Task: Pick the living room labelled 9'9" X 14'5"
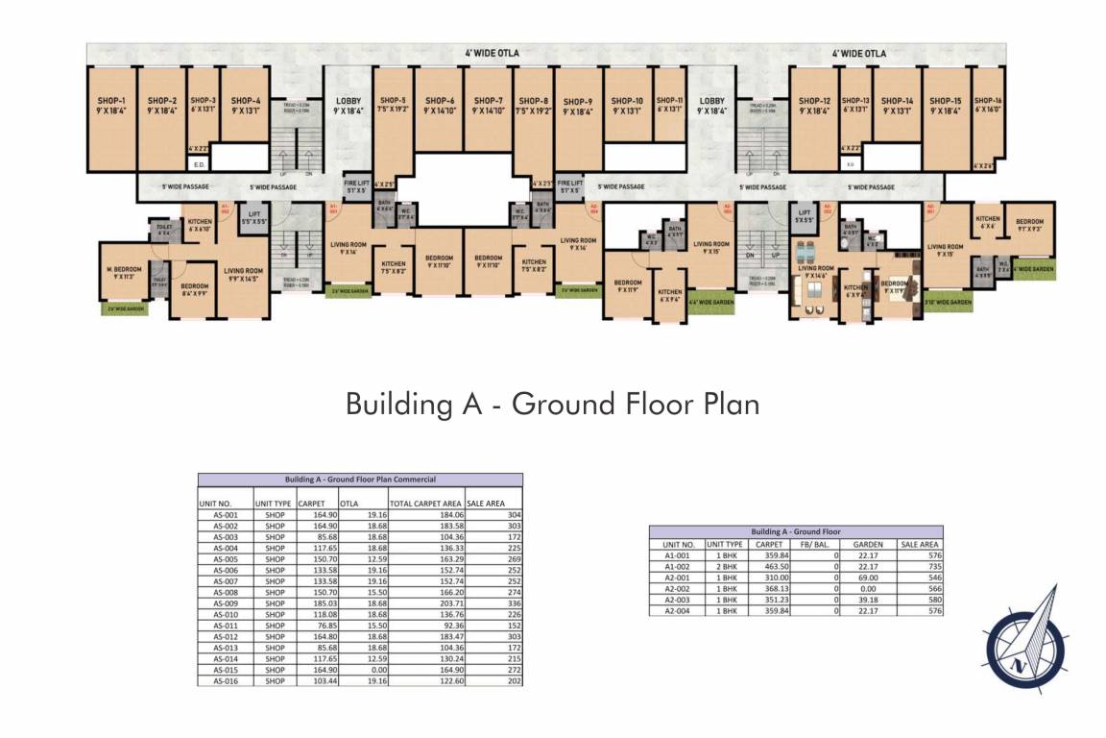point(244,275)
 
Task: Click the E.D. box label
point(199,162)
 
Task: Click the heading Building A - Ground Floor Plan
point(552,404)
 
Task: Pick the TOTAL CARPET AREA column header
point(425,503)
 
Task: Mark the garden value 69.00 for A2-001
point(868,578)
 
